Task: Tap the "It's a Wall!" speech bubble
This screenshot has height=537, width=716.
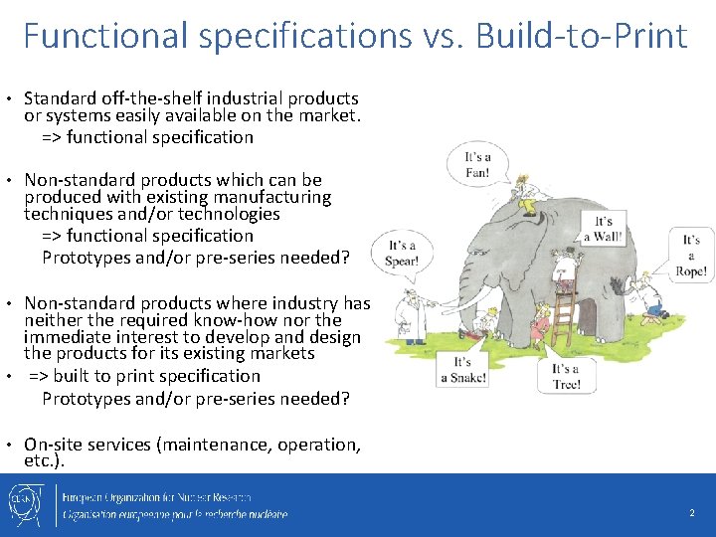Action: pos(603,228)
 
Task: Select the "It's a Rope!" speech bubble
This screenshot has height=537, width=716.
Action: pos(691,255)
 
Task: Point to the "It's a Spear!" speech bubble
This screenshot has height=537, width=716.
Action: pos(403,254)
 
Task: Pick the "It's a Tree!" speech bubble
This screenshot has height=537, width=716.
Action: pos(565,377)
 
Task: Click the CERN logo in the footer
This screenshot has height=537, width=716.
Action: pos(26,504)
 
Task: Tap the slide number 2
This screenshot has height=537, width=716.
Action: pos(692,514)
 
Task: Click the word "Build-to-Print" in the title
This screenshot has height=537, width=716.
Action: pos(582,37)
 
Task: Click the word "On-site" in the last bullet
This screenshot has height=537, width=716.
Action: pos(56,445)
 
